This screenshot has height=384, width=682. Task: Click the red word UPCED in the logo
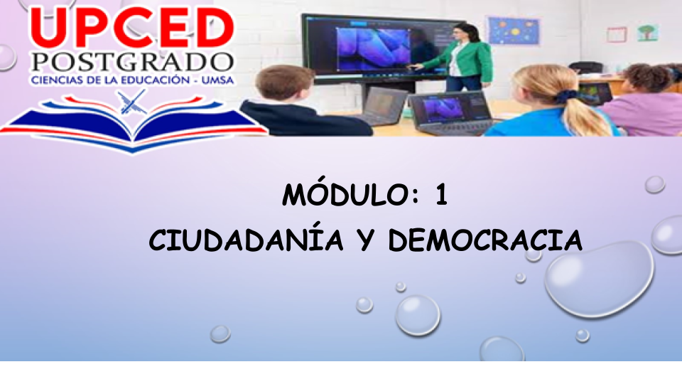click(x=132, y=28)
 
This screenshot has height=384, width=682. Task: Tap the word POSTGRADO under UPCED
click(x=132, y=63)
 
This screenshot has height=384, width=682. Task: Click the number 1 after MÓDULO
click(x=441, y=195)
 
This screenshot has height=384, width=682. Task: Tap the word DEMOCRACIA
click(x=485, y=240)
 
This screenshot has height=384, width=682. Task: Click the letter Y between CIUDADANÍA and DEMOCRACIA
click(x=367, y=241)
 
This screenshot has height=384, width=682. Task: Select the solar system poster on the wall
click(x=514, y=31)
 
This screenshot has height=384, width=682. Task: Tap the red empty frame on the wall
click(x=617, y=34)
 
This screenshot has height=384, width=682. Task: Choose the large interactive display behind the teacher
click(x=379, y=48)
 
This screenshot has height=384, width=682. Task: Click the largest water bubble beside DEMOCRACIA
click(x=600, y=279)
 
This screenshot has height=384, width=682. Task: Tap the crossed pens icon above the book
click(x=132, y=102)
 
